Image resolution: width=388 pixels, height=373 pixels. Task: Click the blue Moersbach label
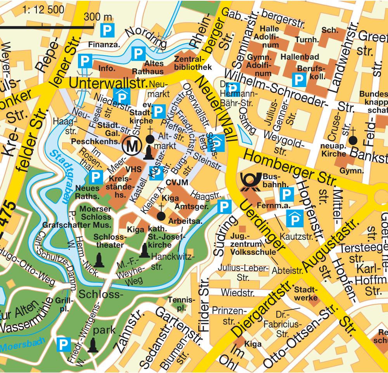[23, 344]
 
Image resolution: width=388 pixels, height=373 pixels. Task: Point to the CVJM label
[177, 183]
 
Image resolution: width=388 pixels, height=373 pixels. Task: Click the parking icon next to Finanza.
[106, 29]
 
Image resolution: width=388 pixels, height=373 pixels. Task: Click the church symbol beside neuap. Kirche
[353, 140]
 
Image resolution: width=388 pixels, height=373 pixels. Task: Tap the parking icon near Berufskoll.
[299, 80]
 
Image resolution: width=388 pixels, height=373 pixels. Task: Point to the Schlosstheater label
[109, 241]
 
